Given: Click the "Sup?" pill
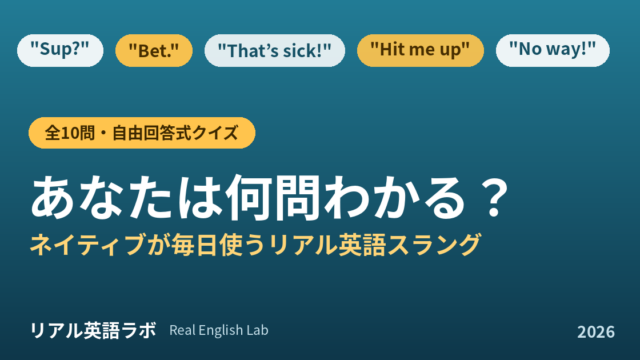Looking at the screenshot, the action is coord(60,50).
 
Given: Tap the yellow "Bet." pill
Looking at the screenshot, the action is coord(154,50).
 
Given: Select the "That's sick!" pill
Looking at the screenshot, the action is coord(275,50).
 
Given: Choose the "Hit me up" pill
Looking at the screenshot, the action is coord(420,50).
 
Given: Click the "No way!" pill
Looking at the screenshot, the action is coord(553,50).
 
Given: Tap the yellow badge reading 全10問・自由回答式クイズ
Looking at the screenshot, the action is coord(142,133).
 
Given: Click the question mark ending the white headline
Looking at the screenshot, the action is coord(494,198).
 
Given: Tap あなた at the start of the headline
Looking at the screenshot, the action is coord(102,198).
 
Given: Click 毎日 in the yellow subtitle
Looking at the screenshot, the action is coord(194,244).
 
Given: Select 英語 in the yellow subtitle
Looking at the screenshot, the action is coord(362,244).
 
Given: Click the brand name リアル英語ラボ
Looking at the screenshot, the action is coord(93,330).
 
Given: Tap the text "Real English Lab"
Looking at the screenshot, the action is coord(219,330).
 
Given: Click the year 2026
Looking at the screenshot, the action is coord(596,332).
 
